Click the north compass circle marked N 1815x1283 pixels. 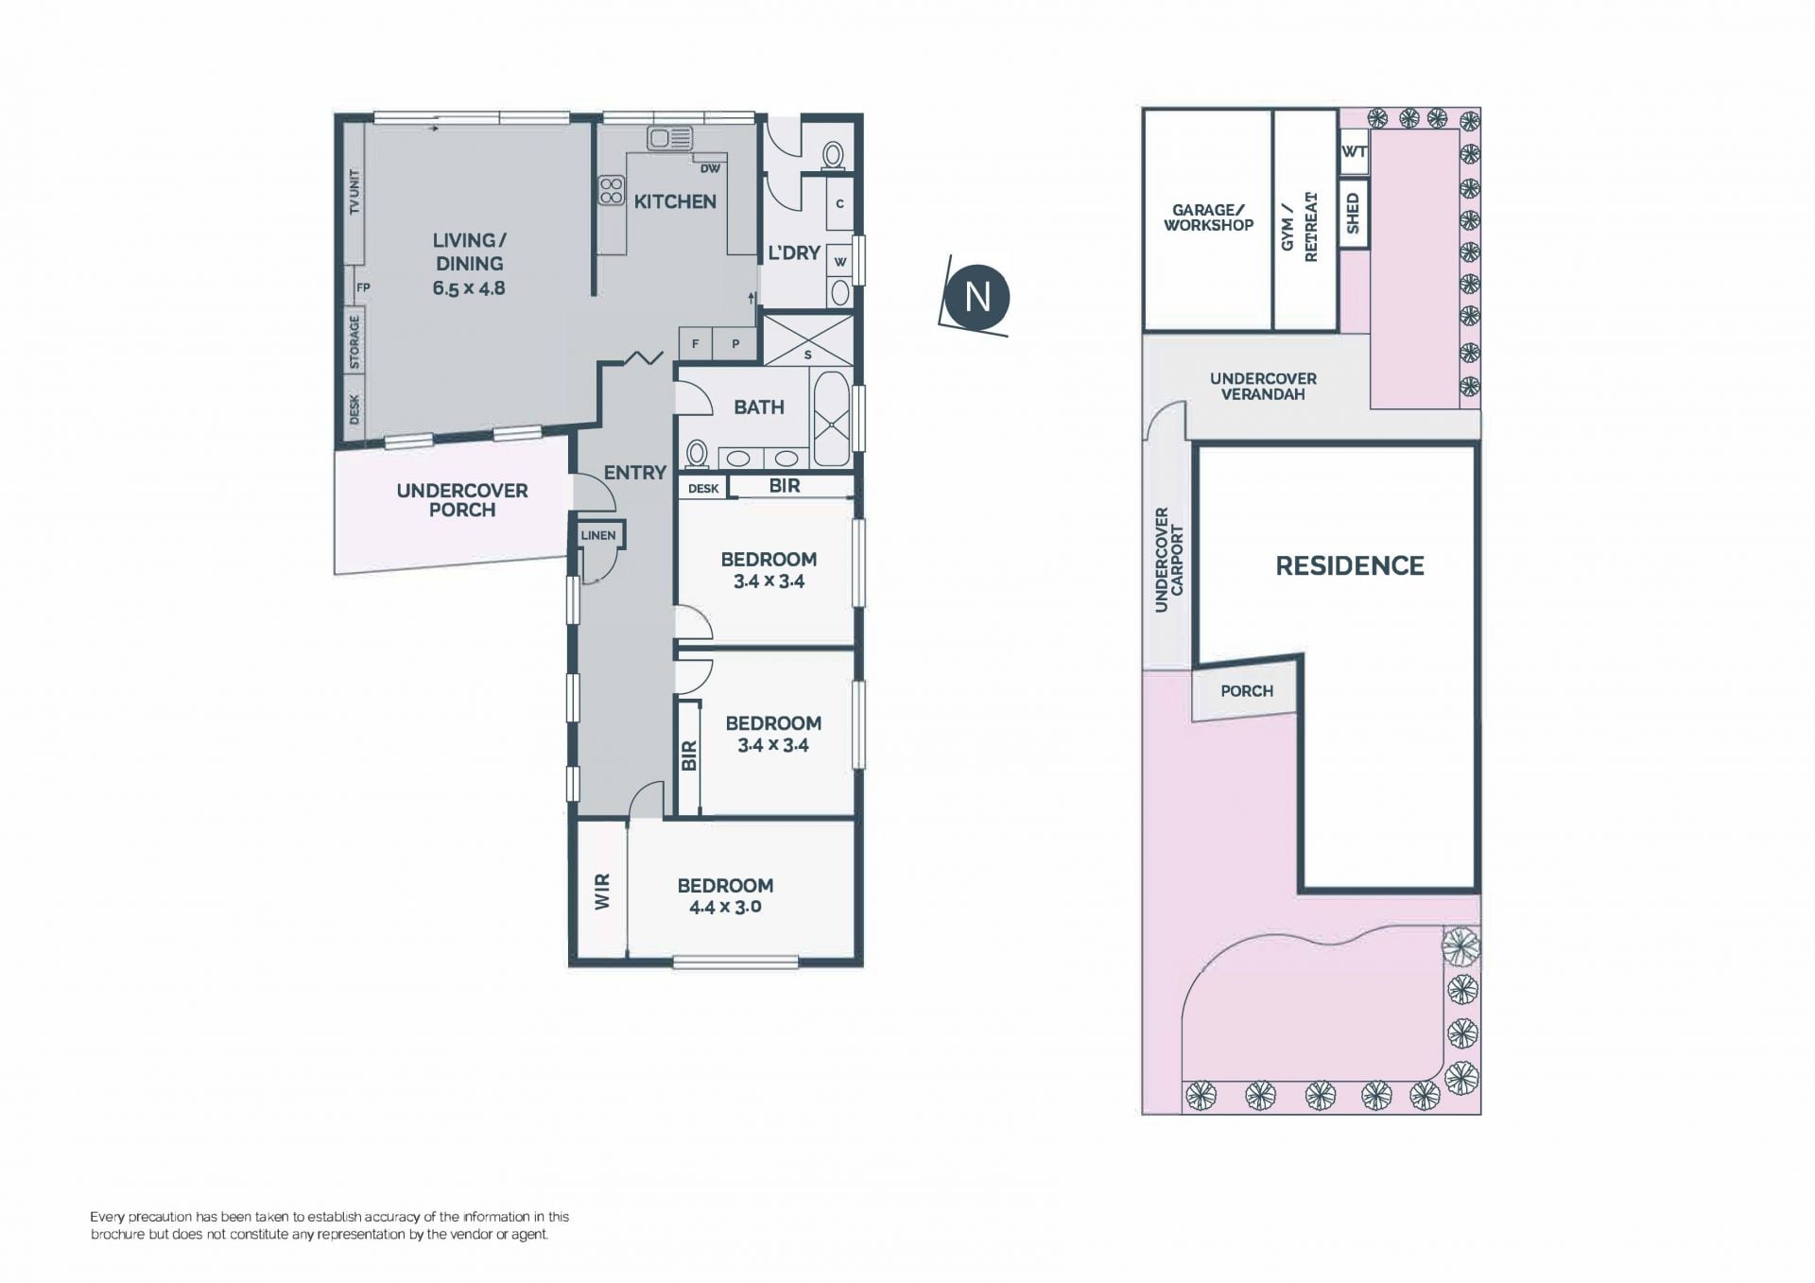point(977,297)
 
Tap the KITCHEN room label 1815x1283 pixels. point(675,201)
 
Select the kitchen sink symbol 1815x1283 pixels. point(670,138)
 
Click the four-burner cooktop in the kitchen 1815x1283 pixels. point(612,191)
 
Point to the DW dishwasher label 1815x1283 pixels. point(710,169)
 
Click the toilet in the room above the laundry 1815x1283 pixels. point(833,156)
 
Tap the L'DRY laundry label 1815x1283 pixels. point(794,252)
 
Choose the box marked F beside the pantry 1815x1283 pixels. point(696,344)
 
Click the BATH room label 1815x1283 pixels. point(759,407)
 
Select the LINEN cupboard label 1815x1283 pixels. point(598,535)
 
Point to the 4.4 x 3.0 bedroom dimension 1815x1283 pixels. point(725,907)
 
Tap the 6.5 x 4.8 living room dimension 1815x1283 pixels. point(469,288)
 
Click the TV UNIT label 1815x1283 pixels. point(355,192)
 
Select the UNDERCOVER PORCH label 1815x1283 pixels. point(462,500)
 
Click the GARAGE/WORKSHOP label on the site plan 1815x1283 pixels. point(1208,217)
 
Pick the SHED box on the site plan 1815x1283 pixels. point(1354,214)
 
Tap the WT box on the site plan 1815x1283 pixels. point(1354,152)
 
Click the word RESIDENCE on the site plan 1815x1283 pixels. point(1350,565)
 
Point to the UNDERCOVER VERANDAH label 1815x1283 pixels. point(1263,386)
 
